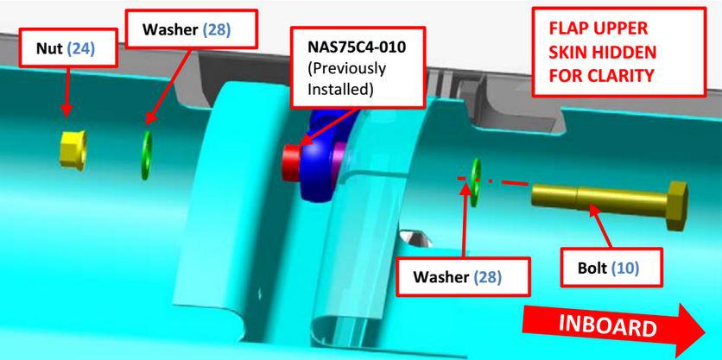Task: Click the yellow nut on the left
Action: pos(73,149)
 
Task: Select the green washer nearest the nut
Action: pos(147,155)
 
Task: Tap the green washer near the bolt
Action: pos(475,182)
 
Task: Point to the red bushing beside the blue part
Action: pos(290,162)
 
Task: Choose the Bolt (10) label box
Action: pos(611,268)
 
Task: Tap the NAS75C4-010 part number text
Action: pos(357,47)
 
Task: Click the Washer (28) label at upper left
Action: pos(190,29)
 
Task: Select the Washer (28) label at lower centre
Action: pos(463,276)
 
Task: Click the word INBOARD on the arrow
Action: pos(607,326)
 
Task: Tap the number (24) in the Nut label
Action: pos(81,49)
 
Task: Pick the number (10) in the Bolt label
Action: pos(625,268)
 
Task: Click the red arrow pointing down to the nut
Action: pos(66,92)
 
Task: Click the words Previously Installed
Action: pos(347,79)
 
